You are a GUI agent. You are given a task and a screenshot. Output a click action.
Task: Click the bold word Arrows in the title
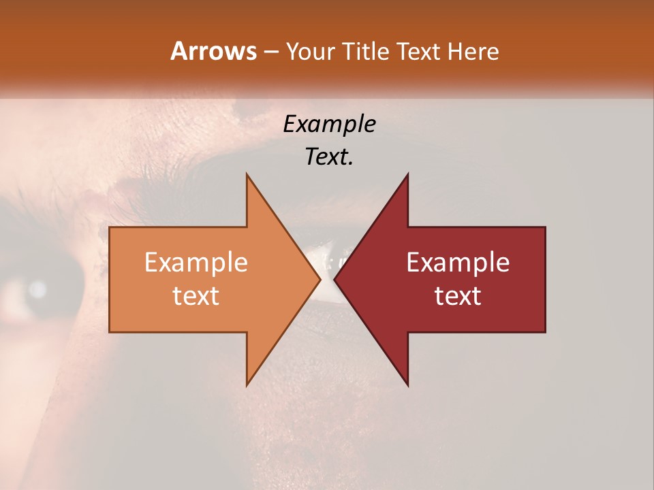click(x=214, y=51)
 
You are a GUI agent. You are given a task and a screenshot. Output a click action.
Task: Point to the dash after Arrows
click(x=270, y=52)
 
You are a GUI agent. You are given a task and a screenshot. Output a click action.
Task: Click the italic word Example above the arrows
click(x=330, y=125)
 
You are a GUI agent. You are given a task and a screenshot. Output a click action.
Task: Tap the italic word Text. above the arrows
click(x=330, y=157)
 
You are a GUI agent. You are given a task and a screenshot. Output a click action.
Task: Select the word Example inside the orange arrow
click(x=196, y=263)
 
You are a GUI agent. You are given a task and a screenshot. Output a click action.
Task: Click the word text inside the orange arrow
click(x=196, y=295)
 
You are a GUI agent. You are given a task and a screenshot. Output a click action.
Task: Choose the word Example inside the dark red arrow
click(x=458, y=263)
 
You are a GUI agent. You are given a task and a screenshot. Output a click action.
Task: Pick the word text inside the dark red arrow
click(x=458, y=295)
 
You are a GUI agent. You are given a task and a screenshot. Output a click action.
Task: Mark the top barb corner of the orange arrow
click(x=247, y=174)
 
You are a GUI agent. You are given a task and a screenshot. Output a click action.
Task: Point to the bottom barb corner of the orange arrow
click(x=247, y=385)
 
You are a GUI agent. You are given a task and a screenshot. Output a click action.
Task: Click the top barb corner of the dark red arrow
click(x=407, y=174)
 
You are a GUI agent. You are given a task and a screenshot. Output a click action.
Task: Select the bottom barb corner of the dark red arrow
click(x=407, y=385)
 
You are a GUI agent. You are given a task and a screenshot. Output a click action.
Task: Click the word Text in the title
click(x=418, y=51)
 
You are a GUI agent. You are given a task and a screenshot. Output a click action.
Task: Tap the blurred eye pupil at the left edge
click(x=37, y=289)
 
